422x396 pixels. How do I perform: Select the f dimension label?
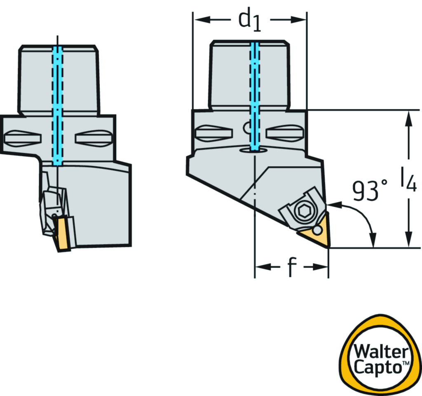[292, 267]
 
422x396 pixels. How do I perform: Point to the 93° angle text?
[370, 191]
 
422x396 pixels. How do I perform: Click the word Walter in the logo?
[381, 351]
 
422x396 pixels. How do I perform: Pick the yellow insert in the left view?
[62, 233]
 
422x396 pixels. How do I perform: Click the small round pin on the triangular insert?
[317, 230]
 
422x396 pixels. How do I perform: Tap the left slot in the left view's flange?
[23, 139]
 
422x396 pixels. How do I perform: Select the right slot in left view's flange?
[94, 139]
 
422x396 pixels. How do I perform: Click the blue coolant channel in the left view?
[57, 106]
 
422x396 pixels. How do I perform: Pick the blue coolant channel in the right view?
[255, 96]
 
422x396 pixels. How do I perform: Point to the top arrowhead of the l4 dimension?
[409, 118]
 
